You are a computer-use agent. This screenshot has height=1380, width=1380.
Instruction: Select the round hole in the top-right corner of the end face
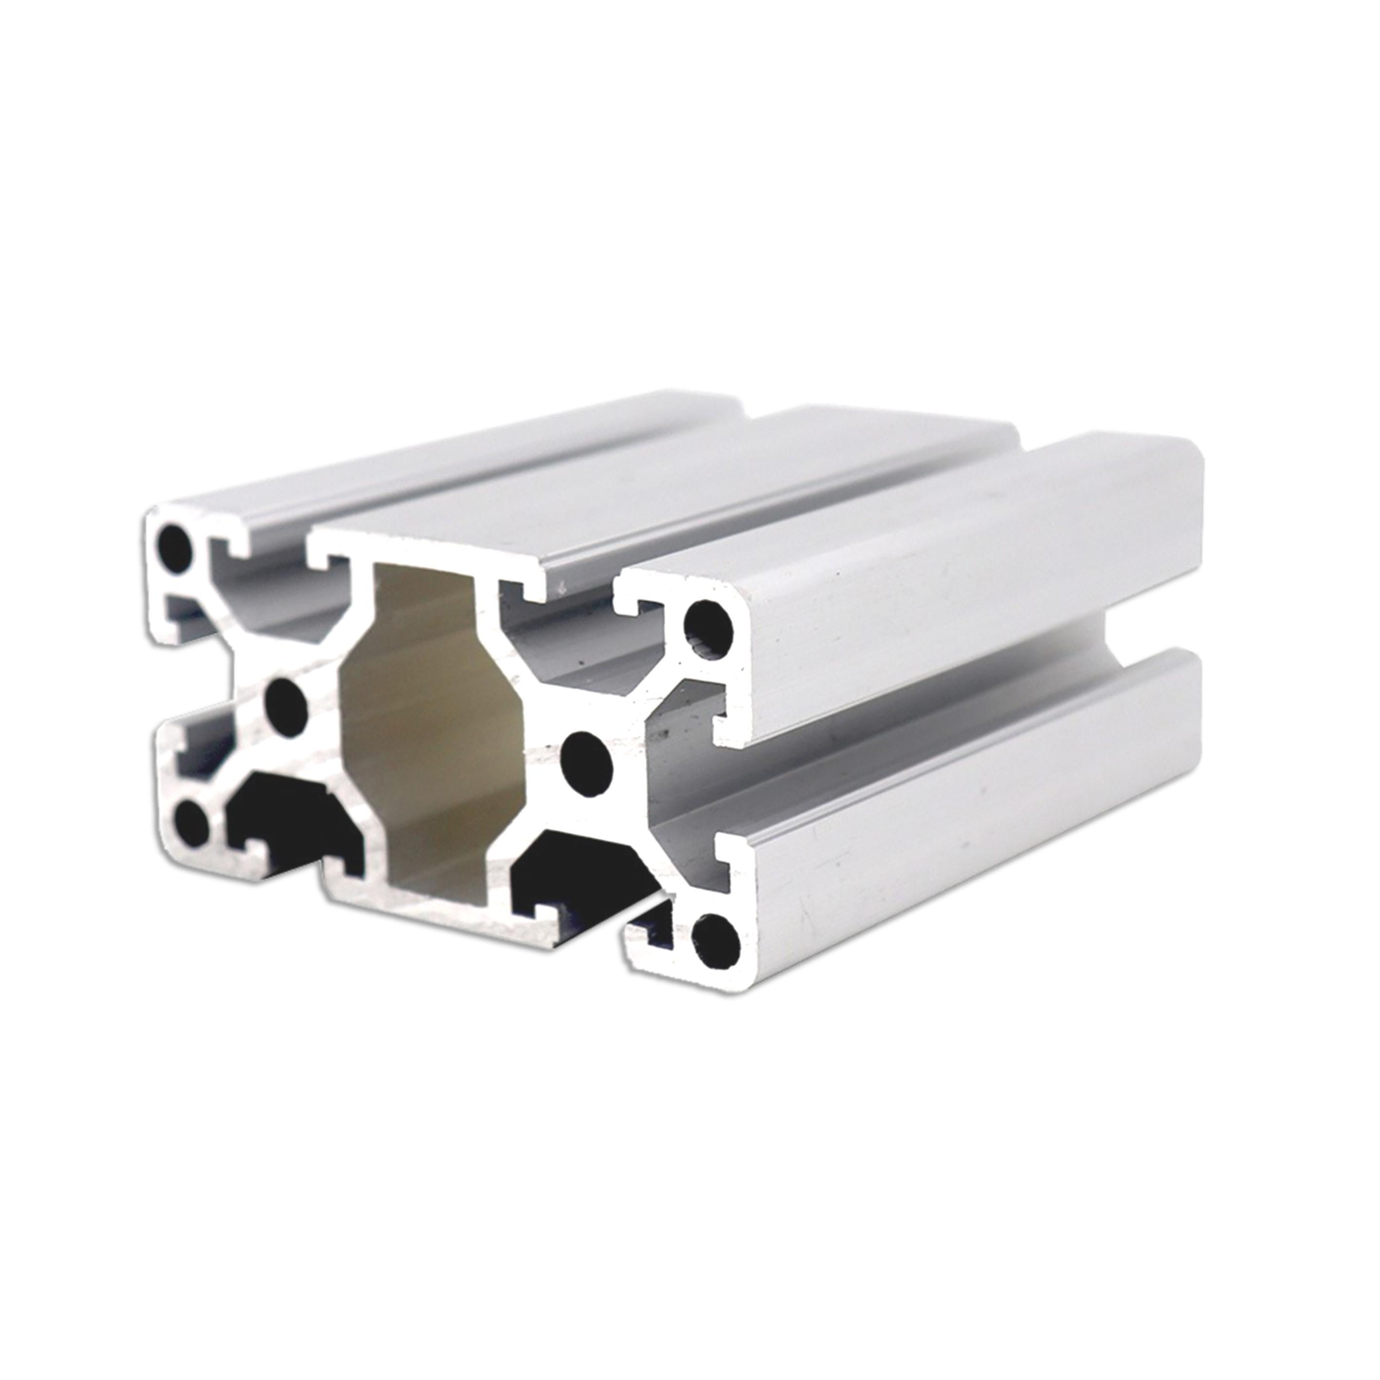tap(709, 630)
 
